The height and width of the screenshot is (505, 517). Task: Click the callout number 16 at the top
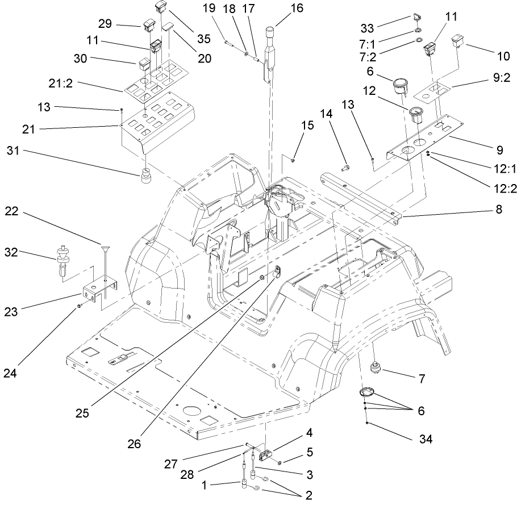[296, 9]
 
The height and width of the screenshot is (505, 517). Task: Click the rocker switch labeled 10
[460, 40]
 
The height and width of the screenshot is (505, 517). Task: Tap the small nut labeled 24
[80, 306]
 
